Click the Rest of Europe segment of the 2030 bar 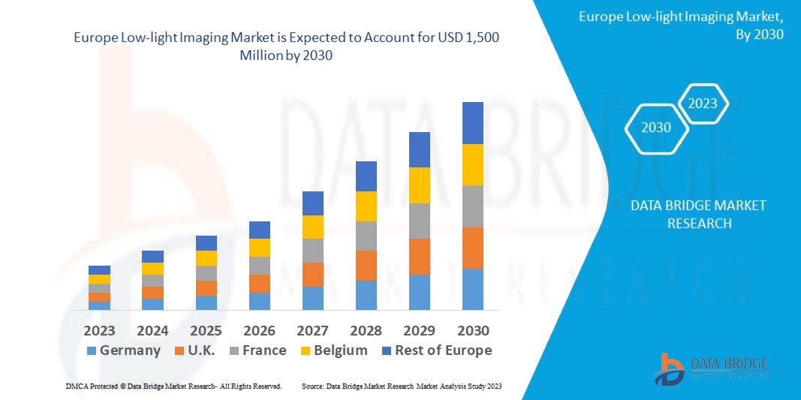coord(473,123)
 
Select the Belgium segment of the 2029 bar coord(420,185)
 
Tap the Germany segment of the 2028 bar coord(366,295)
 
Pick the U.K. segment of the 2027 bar coord(313,275)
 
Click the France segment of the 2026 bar coord(260,266)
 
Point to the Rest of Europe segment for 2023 coord(99,270)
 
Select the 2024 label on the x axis coord(152,330)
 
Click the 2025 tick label coord(206,330)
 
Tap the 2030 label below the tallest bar coord(473,330)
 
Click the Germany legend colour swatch coord(92,350)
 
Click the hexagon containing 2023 coord(703,104)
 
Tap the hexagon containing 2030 coord(656,128)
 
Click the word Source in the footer coord(313,386)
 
